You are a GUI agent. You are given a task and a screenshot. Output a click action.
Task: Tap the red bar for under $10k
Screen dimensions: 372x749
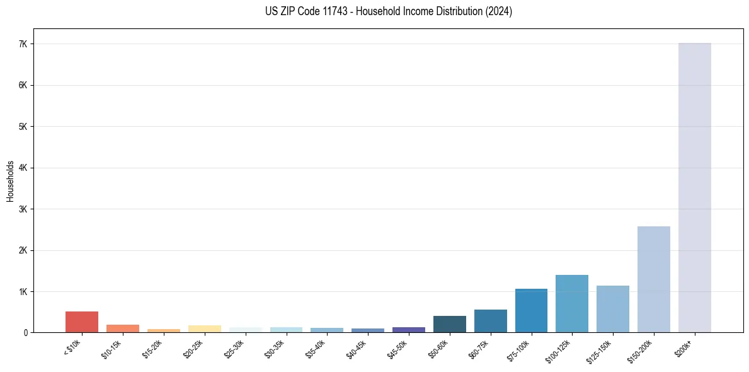pyautogui.click(x=82, y=322)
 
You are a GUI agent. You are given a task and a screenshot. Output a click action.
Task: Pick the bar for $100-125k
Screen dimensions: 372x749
pyautogui.click(x=571, y=303)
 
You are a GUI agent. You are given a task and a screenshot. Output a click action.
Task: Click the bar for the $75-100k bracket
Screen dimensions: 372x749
pyautogui.click(x=531, y=310)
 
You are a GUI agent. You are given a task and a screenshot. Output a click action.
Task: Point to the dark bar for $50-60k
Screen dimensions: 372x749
pyautogui.click(x=449, y=324)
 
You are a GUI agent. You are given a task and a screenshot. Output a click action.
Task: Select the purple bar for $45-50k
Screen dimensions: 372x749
pyautogui.click(x=408, y=330)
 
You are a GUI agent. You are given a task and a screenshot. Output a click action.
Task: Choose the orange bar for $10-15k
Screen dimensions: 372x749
pyautogui.click(x=122, y=328)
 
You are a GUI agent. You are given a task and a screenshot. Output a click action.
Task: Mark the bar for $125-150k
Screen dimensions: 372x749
pyautogui.click(x=612, y=309)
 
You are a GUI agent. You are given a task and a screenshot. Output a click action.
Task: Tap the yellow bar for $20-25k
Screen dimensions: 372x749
pyautogui.click(x=204, y=329)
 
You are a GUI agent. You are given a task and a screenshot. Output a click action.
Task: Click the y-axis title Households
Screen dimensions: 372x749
pyautogui.click(x=10, y=181)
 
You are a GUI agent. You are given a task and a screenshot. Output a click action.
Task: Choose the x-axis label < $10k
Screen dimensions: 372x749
pyautogui.click(x=73, y=348)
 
